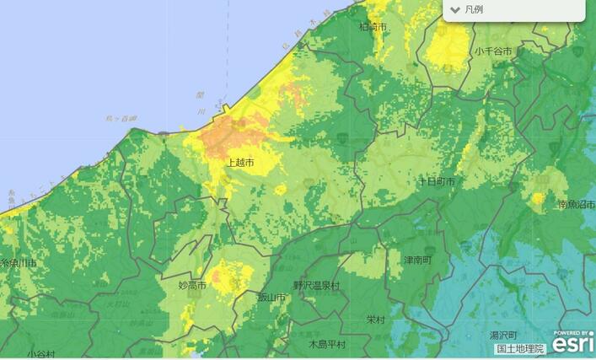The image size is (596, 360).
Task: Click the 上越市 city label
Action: [242, 161]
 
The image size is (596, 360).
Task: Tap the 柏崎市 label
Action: [373, 28]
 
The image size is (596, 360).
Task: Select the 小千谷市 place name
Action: [493, 51]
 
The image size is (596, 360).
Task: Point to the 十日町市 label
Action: [437, 182]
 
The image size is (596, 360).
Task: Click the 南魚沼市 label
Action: [576, 205]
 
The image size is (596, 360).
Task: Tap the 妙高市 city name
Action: [192, 286]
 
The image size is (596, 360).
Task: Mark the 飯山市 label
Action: [273, 297]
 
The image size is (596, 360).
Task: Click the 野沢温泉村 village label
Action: [317, 286]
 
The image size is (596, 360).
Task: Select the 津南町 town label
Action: [417, 260]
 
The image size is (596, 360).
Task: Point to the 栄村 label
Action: [376, 320]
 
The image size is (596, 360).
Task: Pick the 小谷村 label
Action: [40, 355]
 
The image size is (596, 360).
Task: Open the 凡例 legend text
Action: [475, 10]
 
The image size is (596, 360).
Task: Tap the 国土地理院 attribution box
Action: [520, 348]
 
